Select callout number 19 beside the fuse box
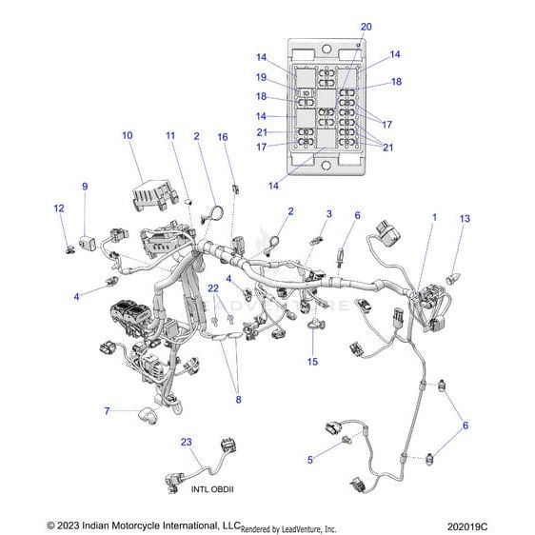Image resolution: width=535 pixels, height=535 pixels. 260,76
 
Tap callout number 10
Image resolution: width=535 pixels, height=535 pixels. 128,136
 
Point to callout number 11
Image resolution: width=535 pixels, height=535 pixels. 170,137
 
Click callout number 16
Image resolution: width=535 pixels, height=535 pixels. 223,137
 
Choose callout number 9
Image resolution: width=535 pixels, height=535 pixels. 84,187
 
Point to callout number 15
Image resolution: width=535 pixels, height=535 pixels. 311,362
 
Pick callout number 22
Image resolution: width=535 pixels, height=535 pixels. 214,287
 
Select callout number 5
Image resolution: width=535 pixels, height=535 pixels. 309,460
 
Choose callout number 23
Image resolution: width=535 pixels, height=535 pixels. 186,441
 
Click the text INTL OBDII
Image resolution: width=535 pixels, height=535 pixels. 211,489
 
